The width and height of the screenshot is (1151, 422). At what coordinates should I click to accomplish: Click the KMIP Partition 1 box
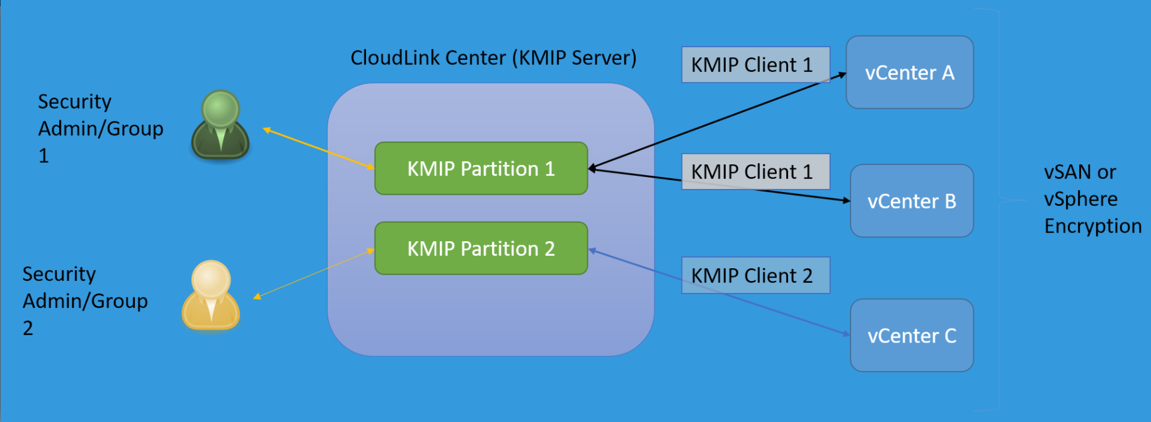[x=481, y=169]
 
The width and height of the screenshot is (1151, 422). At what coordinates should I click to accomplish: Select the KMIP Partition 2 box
[x=481, y=249]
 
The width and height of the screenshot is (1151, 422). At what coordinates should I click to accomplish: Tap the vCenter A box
[x=909, y=72]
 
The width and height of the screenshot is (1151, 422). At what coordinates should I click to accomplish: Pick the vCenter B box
[x=911, y=201]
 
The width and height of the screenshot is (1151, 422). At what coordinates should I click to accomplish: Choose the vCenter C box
[x=911, y=336]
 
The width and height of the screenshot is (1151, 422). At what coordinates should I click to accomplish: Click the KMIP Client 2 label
[x=755, y=275]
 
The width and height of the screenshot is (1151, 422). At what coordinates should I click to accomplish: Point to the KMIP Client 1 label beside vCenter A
[x=755, y=65]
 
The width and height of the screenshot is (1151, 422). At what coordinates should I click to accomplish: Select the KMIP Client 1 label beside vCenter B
[x=755, y=171]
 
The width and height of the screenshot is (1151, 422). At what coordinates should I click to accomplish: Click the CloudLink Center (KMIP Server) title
[x=493, y=58]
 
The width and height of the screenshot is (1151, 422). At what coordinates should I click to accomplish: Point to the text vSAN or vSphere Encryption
[x=1092, y=199]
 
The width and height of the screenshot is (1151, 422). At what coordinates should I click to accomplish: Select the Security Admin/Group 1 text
[x=100, y=128]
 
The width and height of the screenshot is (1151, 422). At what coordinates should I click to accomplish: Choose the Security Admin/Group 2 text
[x=84, y=301]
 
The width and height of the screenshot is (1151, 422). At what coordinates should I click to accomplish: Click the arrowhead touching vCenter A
[x=842, y=74]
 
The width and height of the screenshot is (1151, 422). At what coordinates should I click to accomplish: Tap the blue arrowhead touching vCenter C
[x=846, y=334]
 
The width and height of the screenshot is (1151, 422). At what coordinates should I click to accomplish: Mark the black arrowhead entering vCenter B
[x=846, y=200]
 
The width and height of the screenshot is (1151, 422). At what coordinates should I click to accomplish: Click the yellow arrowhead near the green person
[x=266, y=130]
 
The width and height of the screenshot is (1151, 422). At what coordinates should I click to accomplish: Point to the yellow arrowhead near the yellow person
[x=256, y=297]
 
